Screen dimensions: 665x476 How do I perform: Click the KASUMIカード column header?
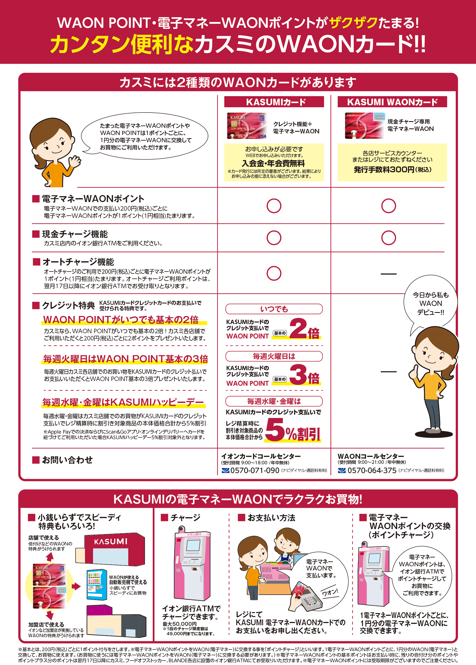coord(274,102)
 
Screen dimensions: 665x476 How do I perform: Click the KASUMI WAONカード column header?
coord(392,102)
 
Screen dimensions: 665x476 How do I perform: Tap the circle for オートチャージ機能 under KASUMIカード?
coord(274,273)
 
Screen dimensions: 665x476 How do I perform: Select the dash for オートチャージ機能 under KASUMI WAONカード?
coord(388,274)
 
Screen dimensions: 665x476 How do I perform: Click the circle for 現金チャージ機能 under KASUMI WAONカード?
coord(388,238)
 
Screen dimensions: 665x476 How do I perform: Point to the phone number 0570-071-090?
coord(254,470)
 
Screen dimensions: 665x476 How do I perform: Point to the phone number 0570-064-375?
coord(372,470)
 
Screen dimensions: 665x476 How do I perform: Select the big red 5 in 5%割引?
coord(275,430)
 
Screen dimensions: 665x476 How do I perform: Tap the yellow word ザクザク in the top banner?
coord(353,23)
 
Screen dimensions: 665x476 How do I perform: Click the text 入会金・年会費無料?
coord(273,163)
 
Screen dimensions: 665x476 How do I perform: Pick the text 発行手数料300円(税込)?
coord(392,170)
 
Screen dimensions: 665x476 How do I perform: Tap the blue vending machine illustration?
coord(96,585)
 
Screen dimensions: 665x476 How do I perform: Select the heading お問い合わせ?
coord(67,460)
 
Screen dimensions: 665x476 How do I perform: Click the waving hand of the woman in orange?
coord(75,161)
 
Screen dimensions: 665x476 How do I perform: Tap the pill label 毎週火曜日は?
coord(274,356)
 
